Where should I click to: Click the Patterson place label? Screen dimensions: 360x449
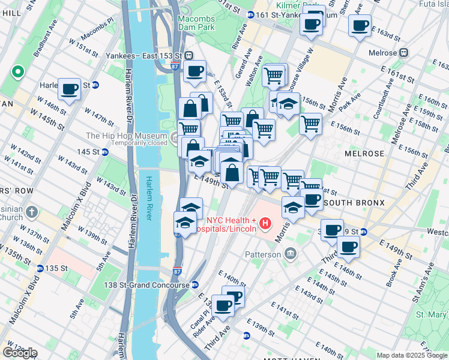[x=262, y=254]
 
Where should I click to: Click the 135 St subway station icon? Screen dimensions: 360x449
[x=40, y=268]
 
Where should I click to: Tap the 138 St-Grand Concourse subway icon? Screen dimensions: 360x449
[x=195, y=285]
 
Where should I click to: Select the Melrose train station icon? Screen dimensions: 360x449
[x=405, y=52]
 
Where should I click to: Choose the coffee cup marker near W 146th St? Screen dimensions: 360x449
[x=70, y=89]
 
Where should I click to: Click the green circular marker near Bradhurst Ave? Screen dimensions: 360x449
[x=18, y=73]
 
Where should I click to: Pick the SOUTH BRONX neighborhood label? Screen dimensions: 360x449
[x=355, y=203]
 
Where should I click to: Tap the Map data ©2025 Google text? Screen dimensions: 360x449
[x=412, y=355]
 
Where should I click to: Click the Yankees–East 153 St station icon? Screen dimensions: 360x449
[x=188, y=55]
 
